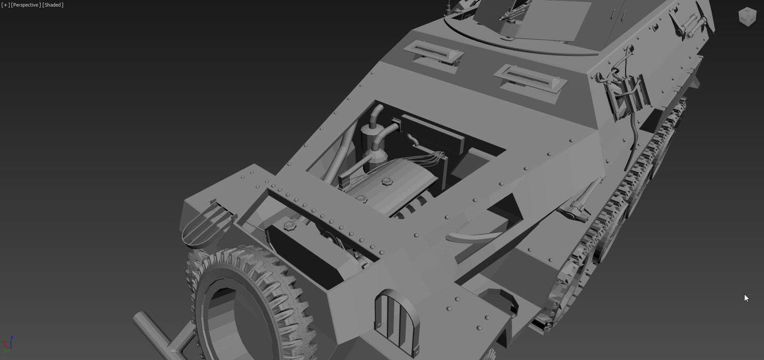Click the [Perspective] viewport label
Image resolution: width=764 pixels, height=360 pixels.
[26, 5]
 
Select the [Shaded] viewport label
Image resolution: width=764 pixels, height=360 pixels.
[53, 5]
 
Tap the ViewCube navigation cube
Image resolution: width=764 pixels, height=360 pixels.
[747, 17]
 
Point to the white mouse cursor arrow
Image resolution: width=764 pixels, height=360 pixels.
[746, 298]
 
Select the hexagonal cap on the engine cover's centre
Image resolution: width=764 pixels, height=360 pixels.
[386, 182]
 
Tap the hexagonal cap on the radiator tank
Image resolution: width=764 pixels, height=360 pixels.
[289, 225]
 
